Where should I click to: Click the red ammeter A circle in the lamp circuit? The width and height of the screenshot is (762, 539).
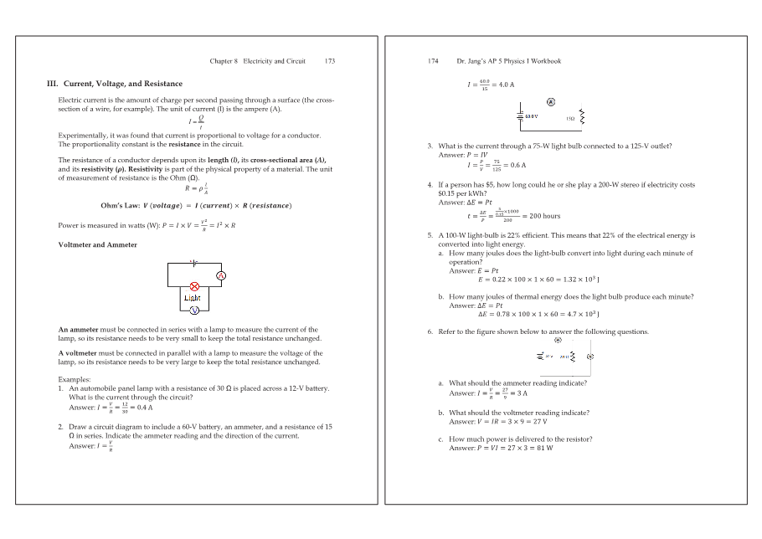click(221, 275)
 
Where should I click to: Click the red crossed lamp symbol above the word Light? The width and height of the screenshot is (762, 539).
click(193, 286)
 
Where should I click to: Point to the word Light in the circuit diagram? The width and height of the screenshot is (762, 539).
click(193, 298)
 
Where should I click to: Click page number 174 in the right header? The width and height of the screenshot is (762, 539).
click(434, 61)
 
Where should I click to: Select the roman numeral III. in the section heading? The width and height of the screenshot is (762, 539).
click(52, 84)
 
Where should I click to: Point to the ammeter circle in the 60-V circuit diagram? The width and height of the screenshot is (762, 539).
click(551, 101)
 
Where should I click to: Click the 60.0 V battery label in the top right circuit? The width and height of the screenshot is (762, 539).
click(530, 117)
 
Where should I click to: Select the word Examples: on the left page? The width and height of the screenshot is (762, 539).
click(75, 379)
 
